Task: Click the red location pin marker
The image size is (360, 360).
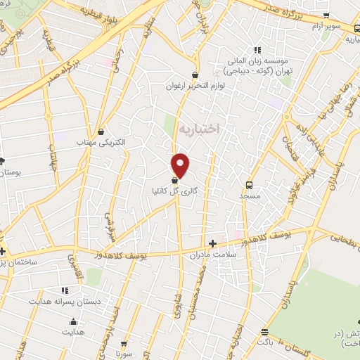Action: coord(181,165)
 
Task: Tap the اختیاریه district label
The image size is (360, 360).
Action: coord(200,129)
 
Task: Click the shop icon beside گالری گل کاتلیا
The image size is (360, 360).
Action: coord(174,181)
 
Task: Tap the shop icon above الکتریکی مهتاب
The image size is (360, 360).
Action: coord(102,131)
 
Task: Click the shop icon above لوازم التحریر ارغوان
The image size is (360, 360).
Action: coord(195,75)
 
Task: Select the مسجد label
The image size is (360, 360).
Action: coord(249,197)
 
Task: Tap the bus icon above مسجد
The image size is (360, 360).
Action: coord(249,186)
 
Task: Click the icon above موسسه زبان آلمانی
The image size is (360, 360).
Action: coord(257,49)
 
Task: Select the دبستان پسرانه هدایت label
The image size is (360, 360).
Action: coord(65,300)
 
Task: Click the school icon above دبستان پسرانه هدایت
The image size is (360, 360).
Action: coord(65,290)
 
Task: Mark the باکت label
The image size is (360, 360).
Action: coord(264,341)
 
